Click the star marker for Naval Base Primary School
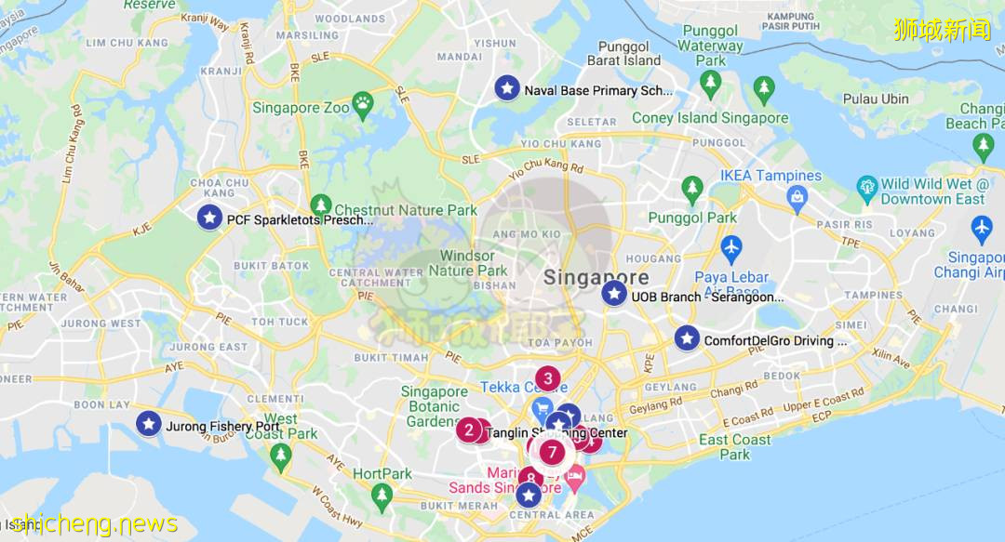click(x=507, y=88)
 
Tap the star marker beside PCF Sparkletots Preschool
click(x=210, y=218)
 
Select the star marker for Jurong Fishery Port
click(x=149, y=424)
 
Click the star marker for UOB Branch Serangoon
click(x=614, y=294)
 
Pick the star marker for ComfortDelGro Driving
click(x=687, y=338)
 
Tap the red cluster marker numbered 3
click(x=548, y=378)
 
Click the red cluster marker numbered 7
click(x=553, y=453)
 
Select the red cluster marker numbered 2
click(x=469, y=430)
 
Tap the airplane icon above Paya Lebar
click(x=731, y=248)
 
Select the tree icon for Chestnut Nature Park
click(x=321, y=205)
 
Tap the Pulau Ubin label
click(x=876, y=99)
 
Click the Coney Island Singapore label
click(x=710, y=118)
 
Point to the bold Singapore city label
click(x=596, y=277)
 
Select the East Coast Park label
click(x=735, y=447)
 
